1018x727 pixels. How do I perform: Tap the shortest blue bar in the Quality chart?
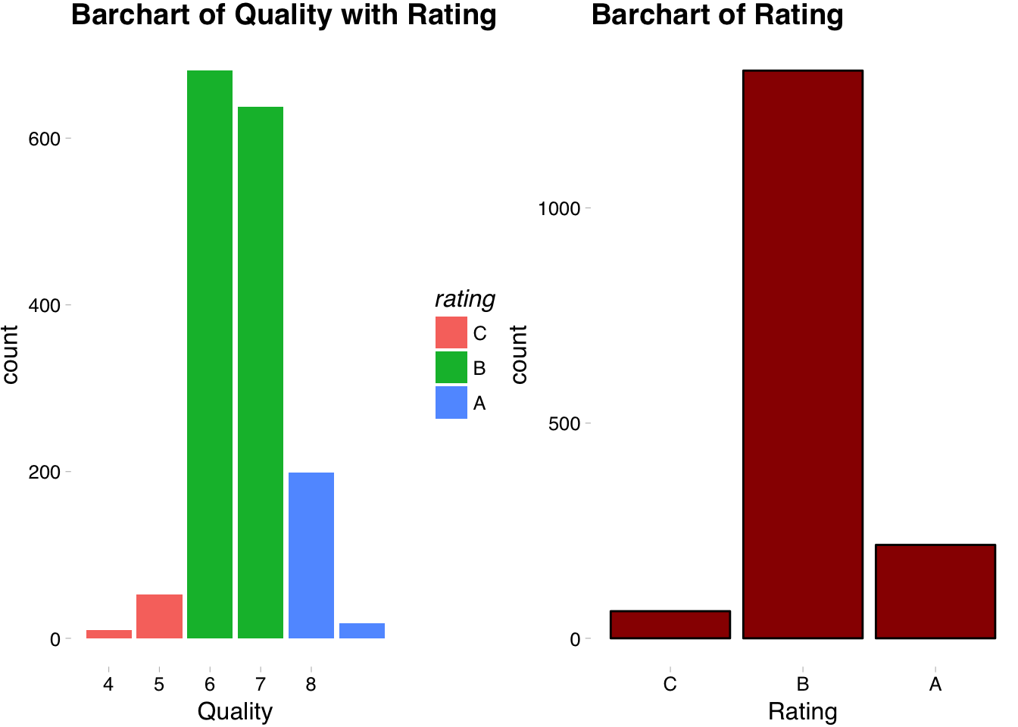pos(362,631)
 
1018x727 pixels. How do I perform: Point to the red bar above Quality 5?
pos(159,616)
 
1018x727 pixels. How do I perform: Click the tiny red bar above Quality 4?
pos(109,634)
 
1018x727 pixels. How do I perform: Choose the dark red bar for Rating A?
pos(935,591)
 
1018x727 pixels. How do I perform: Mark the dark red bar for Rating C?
pos(670,625)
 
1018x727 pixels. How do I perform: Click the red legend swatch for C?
pos(451,332)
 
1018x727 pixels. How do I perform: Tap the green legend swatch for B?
pos(451,367)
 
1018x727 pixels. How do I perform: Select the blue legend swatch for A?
pos(451,403)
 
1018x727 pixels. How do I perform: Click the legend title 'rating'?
pos(465,299)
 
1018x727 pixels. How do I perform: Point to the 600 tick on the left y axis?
pos(45,139)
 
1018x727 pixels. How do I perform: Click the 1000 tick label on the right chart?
pos(559,208)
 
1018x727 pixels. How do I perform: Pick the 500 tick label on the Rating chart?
pos(565,423)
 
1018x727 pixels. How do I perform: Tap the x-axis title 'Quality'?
pos(235,712)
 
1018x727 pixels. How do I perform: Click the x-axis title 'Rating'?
pos(803,712)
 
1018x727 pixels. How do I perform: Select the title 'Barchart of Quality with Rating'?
pos(284,15)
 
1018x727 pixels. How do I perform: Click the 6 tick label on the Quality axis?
pos(210,685)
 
